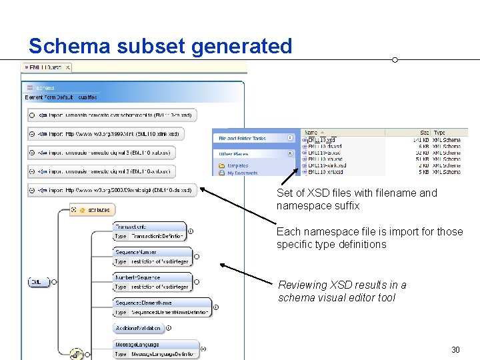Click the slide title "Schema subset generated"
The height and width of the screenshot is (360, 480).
160,46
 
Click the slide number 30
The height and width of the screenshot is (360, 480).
455,349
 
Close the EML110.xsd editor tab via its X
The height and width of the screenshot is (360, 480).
68,67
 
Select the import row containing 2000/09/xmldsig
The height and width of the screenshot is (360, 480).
113,190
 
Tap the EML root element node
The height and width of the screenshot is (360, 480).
38,282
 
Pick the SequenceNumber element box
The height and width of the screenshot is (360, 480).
152,257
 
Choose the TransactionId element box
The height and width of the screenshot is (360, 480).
149,231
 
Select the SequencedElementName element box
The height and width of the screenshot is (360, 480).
162,307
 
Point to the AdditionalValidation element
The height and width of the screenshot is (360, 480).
139,328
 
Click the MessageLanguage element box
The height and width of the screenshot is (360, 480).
155,349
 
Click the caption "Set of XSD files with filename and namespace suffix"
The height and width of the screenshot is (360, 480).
357,199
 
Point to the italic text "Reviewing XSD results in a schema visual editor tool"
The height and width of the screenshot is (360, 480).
342,291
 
